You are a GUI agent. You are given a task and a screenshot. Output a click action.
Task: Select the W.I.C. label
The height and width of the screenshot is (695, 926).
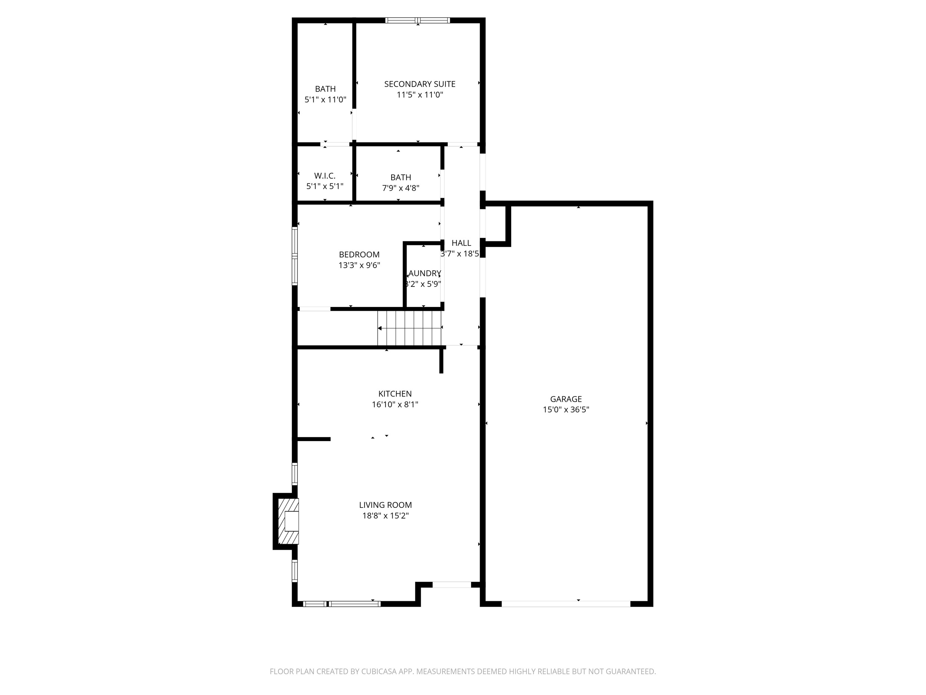click(x=325, y=176)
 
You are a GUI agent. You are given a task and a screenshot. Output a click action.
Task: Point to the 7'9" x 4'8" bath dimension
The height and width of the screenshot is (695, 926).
click(x=401, y=188)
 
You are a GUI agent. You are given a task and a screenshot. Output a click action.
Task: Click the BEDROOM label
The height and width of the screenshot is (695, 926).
click(x=359, y=255)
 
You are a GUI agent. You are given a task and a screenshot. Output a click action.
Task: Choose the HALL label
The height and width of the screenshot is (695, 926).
click(x=461, y=243)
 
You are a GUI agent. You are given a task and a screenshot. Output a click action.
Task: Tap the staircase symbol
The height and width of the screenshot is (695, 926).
click(x=409, y=328)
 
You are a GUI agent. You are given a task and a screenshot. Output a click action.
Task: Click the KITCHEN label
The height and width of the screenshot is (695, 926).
click(x=395, y=394)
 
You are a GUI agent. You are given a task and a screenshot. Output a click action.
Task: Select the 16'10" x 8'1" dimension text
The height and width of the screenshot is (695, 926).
click(x=395, y=405)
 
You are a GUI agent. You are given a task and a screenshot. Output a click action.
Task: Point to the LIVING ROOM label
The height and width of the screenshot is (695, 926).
click(x=385, y=505)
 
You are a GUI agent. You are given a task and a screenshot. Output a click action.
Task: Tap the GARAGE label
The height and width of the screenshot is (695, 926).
click(x=566, y=399)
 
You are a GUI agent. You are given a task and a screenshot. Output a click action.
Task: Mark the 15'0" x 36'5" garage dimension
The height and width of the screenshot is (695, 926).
click(x=566, y=410)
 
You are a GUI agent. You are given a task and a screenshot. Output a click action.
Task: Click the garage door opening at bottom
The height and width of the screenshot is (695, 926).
click(x=566, y=604)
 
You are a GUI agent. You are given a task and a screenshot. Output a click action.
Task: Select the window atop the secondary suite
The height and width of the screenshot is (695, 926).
click(x=417, y=20)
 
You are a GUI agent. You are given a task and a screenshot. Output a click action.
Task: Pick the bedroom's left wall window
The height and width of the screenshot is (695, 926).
click(x=295, y=256)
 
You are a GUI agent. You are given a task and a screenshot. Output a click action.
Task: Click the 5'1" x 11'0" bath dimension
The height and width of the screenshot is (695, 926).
click(x=325, y=100)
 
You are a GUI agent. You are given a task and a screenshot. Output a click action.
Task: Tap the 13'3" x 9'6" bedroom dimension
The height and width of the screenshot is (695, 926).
click(x=359, y=265)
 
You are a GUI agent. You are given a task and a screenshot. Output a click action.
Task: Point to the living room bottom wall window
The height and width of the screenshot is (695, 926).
click(x=342, y=604)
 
